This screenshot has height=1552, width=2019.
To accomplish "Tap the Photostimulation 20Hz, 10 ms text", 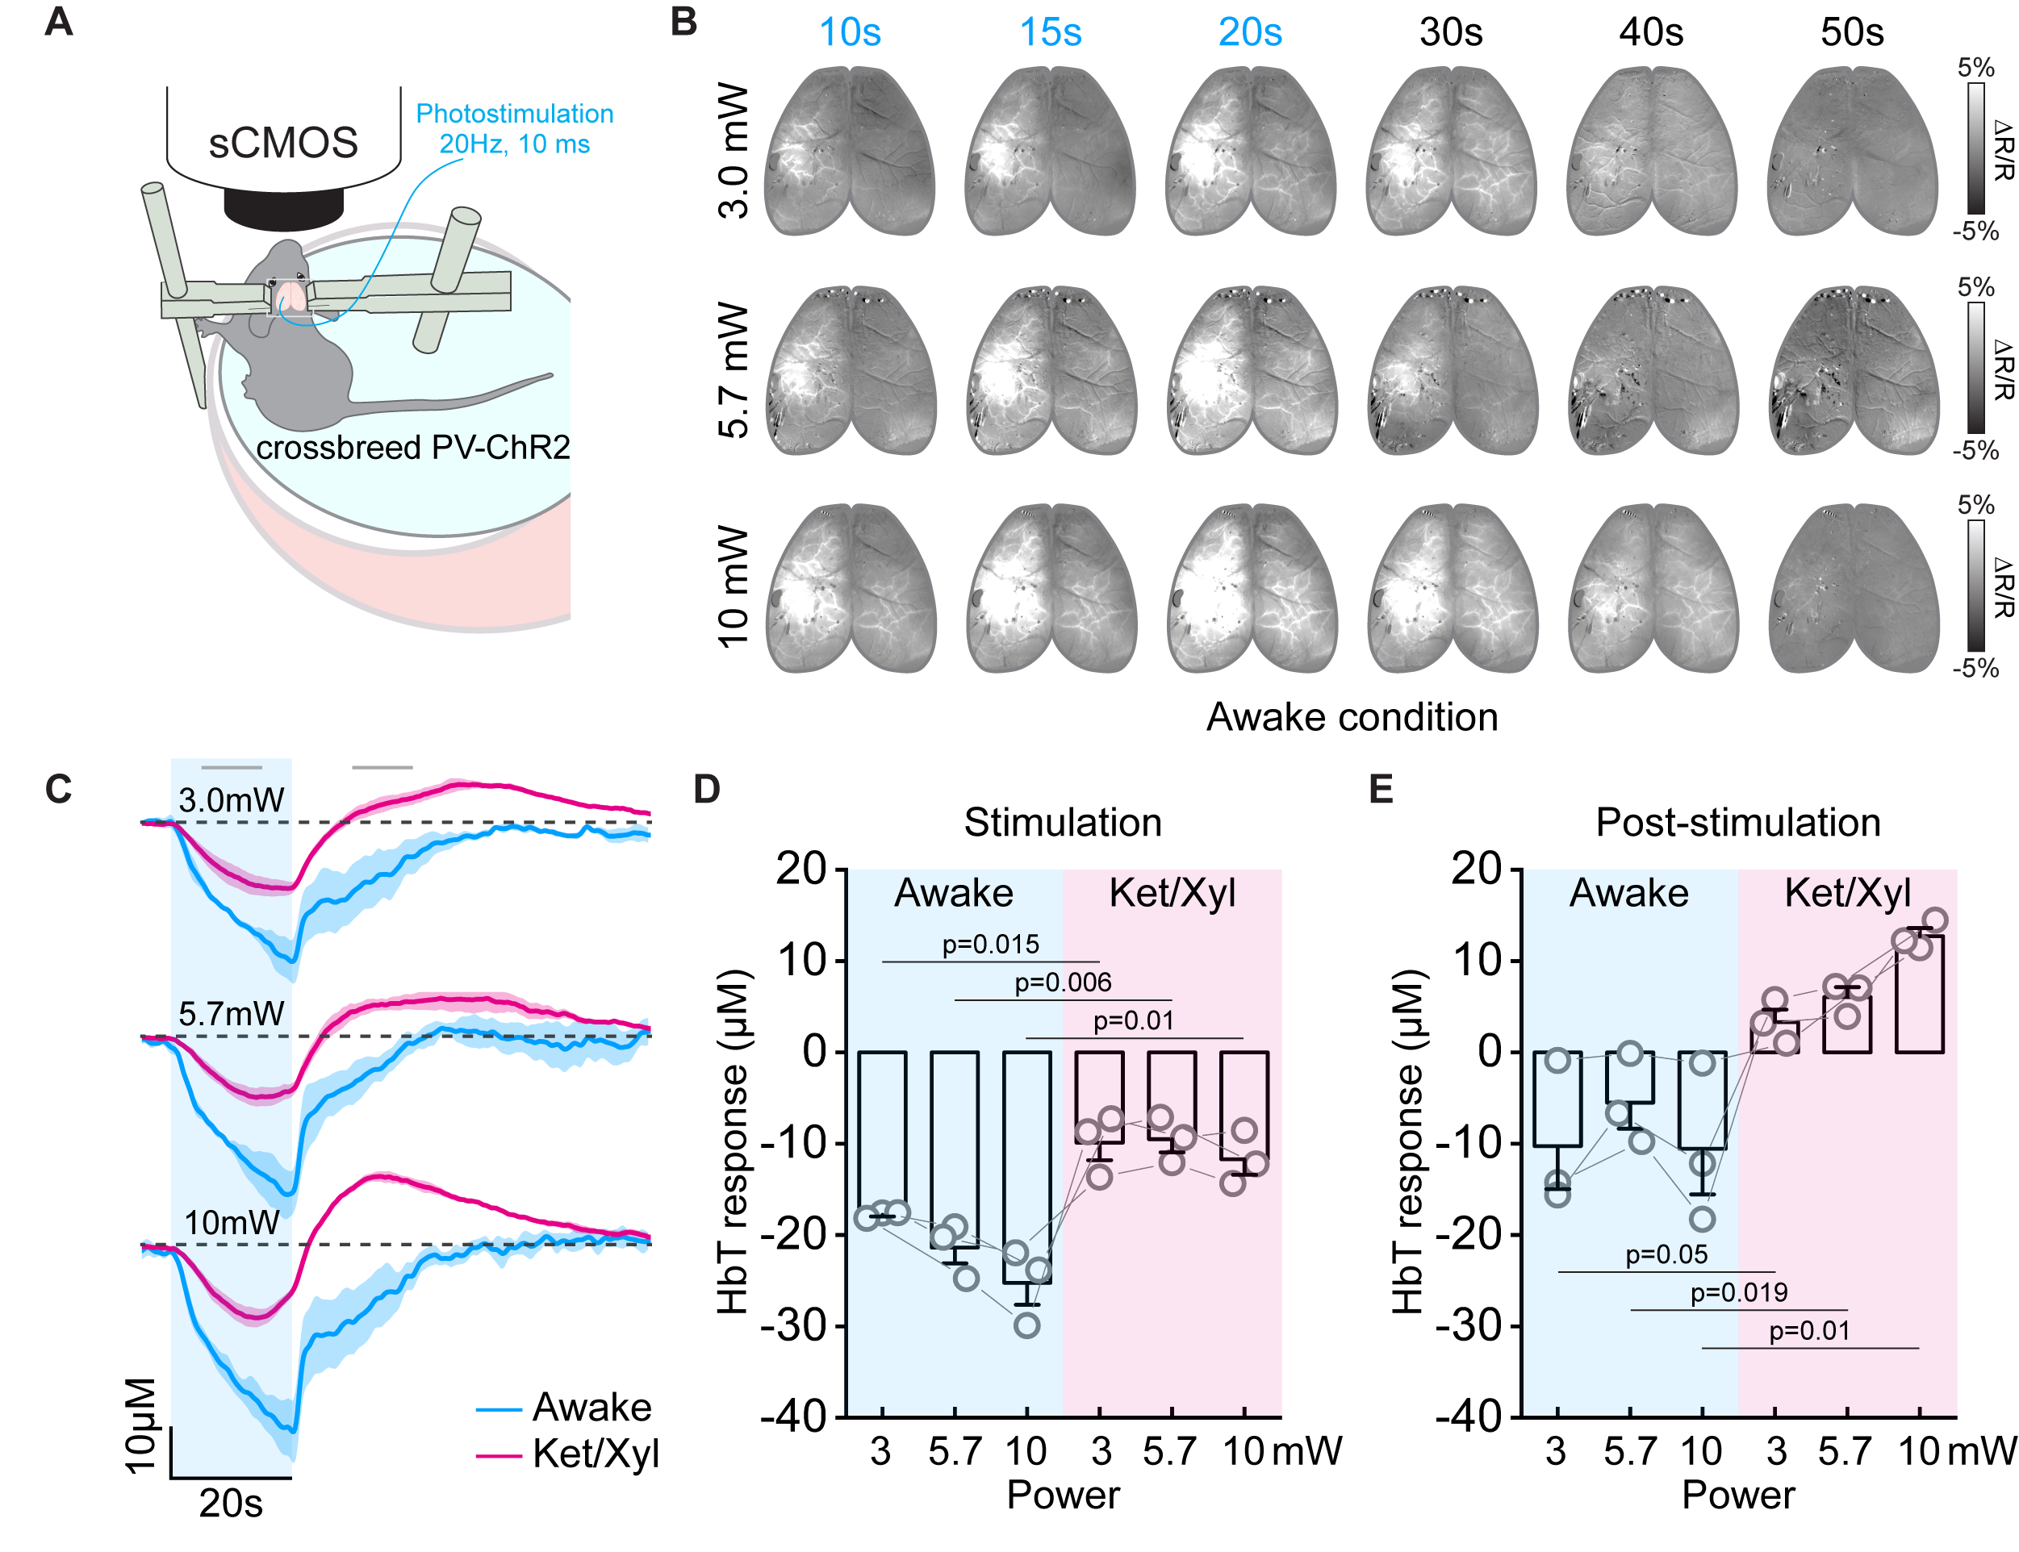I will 514,128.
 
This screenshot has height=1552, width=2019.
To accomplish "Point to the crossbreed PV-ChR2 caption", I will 412,447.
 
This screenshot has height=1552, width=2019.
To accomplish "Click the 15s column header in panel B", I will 1050,33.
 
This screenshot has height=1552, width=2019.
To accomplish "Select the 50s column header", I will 1851,33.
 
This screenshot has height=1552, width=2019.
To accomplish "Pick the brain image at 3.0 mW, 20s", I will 1250,152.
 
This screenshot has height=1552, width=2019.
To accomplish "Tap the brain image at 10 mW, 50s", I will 1852,589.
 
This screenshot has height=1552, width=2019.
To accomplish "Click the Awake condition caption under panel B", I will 1351,717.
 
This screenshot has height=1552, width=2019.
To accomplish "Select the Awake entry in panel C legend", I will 591,1407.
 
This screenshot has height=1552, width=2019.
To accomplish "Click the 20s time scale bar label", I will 230,1503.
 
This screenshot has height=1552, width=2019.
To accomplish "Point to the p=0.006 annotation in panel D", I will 1062,982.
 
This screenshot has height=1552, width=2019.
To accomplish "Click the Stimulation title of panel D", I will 1062,822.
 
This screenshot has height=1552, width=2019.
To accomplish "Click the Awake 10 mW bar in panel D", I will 1026,1166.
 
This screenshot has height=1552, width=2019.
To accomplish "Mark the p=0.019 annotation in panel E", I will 1737,1291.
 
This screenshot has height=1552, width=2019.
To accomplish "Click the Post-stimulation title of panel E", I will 1737,822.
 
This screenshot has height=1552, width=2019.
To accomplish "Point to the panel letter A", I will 58,21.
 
